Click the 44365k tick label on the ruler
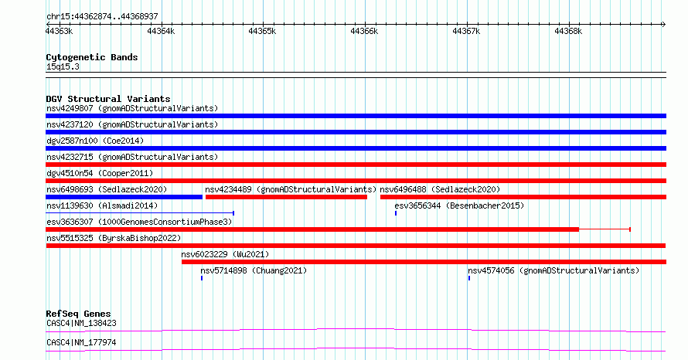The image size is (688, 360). pos(262,31)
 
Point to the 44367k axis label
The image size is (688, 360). pos(466,31)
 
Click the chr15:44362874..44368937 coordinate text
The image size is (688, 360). pos(102,16)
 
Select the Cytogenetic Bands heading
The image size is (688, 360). pos(92,57)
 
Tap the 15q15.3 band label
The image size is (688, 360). pos(63,66)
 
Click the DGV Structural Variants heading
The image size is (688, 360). pos(108,99)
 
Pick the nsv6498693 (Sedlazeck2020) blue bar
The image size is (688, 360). pos(124,197)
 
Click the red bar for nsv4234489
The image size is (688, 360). pos(286,197)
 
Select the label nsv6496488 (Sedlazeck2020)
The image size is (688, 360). pos(440,189)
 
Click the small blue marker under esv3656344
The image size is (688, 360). pos(396,213)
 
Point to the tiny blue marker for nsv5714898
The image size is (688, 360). pos(202,278)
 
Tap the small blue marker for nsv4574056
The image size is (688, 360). pos(469,278)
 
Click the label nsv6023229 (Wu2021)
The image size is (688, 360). pos(225,254)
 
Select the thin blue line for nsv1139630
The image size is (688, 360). pos(140,213)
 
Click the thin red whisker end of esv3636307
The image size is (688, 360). pos(630,229)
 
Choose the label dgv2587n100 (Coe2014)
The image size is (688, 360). pos(95,141)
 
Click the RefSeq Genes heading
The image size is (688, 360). pos(79,314)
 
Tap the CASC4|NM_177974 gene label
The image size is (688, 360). pos(81,342)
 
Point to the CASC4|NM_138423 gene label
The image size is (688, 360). pos(81,323)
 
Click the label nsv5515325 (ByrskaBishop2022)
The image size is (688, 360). pos(114,238)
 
